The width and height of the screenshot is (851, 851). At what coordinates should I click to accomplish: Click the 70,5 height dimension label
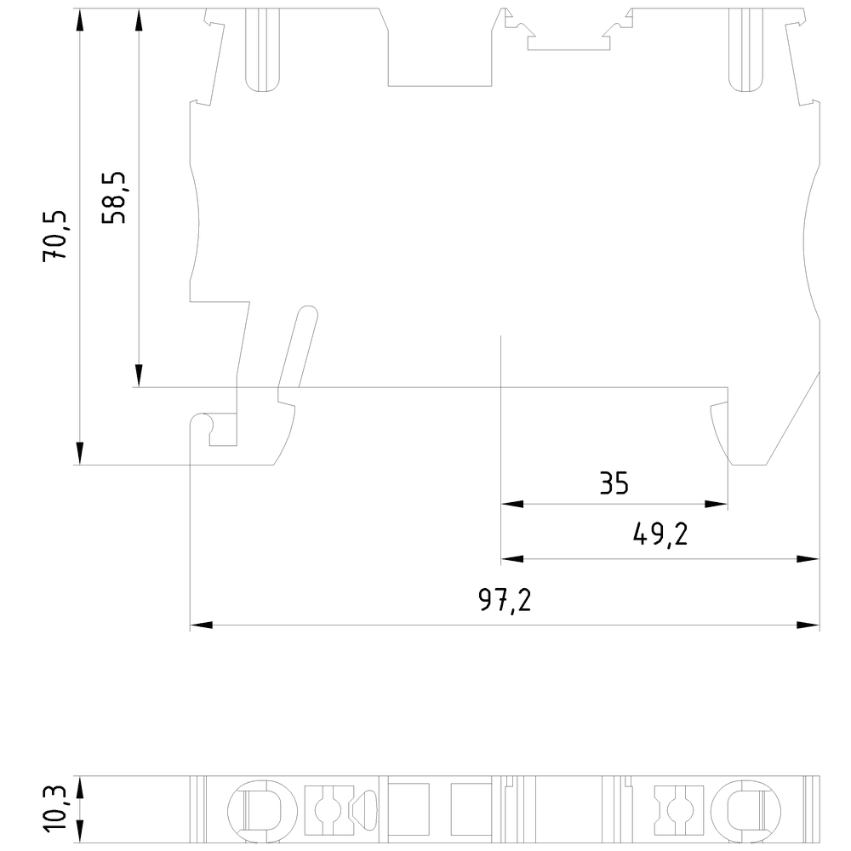tap(54, 236)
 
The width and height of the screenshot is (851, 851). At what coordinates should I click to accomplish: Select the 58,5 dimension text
tap(113, 198)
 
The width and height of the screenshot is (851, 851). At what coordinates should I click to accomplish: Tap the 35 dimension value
tap(614, 483)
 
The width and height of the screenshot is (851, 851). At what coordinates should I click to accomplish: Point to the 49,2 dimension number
tap(660, 535)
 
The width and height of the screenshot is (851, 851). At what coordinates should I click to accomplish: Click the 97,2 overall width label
tap(505, 600)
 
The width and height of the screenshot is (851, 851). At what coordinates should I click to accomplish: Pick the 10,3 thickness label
tap(54, 808)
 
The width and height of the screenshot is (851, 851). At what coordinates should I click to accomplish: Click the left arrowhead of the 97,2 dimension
tap(202, 625)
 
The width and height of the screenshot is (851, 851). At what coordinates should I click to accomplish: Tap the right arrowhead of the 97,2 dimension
tap(808, 625)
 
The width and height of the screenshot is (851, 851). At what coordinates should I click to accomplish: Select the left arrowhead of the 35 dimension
tap(512, 504)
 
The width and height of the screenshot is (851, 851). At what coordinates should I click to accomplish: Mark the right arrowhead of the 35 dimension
tap(716, 504)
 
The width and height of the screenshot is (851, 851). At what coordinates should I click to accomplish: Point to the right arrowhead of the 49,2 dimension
tap(808, 559)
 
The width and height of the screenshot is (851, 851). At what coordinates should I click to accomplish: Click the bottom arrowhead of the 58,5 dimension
tap(139, 375)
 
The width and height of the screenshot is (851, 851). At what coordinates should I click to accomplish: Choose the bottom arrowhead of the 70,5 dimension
tap(80, 454)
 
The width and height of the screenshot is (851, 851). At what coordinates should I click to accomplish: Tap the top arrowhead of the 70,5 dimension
tap(80, 20)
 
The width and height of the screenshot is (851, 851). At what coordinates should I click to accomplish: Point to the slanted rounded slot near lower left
tap(298, 347)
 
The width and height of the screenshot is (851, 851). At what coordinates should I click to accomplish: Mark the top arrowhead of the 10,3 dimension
tap(80, 787)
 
